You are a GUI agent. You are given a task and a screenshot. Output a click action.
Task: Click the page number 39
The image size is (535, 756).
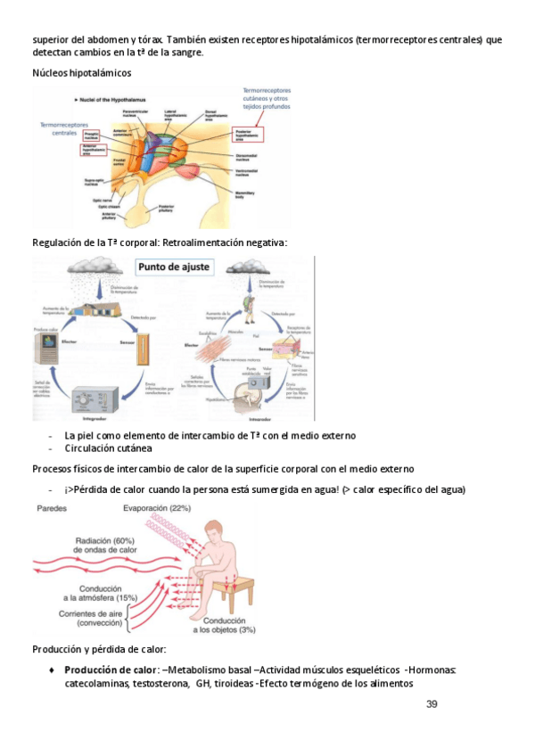(432, 704)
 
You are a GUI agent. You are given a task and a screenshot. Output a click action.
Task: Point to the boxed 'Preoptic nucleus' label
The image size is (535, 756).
(92, 135)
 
